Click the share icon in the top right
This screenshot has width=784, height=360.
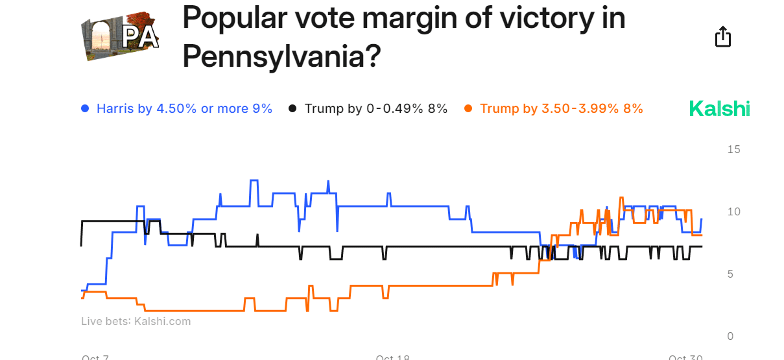pos(722,37)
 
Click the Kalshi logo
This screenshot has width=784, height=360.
pos(719,108)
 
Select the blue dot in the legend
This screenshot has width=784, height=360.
pos(84,109)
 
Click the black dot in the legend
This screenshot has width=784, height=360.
pos(292,109)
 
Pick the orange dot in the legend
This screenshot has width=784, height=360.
pos(468,109)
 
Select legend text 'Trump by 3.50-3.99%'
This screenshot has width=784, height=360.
pos(549,109)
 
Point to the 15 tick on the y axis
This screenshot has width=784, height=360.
pos(733,150)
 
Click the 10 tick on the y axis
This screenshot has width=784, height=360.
pos(733,212)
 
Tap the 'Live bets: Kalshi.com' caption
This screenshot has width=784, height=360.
pos(136,321)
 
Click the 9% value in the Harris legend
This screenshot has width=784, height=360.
pos(262,109)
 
